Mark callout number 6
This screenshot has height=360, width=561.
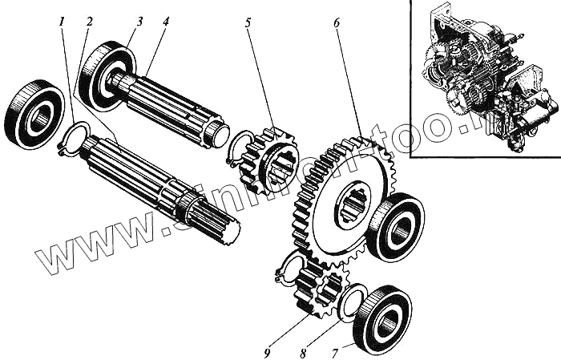point(337,22)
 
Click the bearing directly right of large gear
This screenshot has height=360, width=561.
point(396,227)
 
